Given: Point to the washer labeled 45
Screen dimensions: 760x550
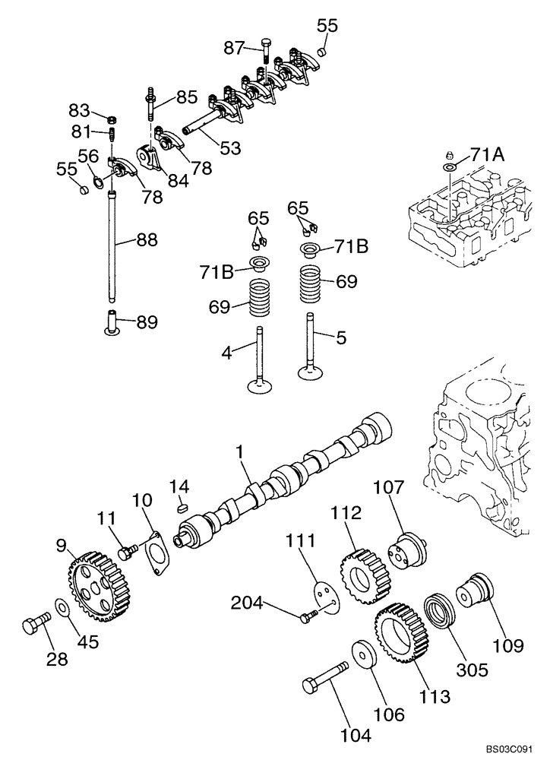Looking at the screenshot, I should click(64, 610).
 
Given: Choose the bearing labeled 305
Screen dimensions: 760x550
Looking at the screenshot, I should click(441, 613).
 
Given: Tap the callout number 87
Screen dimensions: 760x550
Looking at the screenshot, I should click(235, 48).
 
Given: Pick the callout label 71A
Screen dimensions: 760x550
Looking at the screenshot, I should click(487, 154).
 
